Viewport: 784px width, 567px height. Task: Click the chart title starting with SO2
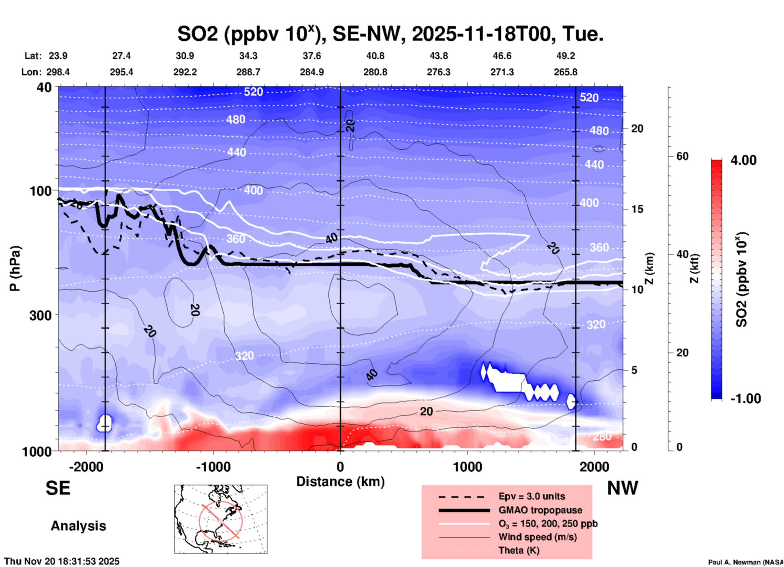click(390, 33)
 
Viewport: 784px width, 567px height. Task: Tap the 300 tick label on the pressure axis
click(40, 315)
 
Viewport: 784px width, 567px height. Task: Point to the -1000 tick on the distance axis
click(213, 467)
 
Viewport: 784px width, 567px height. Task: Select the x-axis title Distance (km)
click(340, 482)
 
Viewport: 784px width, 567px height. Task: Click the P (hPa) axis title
click(15, 268)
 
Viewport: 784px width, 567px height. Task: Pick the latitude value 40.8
click(375, 56)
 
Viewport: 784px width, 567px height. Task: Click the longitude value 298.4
click(58, 72)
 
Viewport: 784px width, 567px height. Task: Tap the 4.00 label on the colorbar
click(743, 160)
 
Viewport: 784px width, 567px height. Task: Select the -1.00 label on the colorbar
click(745, 399)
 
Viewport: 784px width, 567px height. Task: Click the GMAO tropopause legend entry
click(540, 510)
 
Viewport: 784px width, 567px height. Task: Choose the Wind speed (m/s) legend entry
click(537, 537)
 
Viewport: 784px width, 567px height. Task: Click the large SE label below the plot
click(58, 488)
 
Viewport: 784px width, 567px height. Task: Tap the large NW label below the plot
click(622, 488)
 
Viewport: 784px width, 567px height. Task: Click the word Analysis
click(78, 526)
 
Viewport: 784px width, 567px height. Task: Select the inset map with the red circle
click(221, 519)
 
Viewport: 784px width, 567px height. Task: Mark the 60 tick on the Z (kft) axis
click(682, 157)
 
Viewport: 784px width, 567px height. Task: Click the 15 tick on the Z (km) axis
click(637, 209)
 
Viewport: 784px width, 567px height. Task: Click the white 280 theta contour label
click(602, 436)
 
